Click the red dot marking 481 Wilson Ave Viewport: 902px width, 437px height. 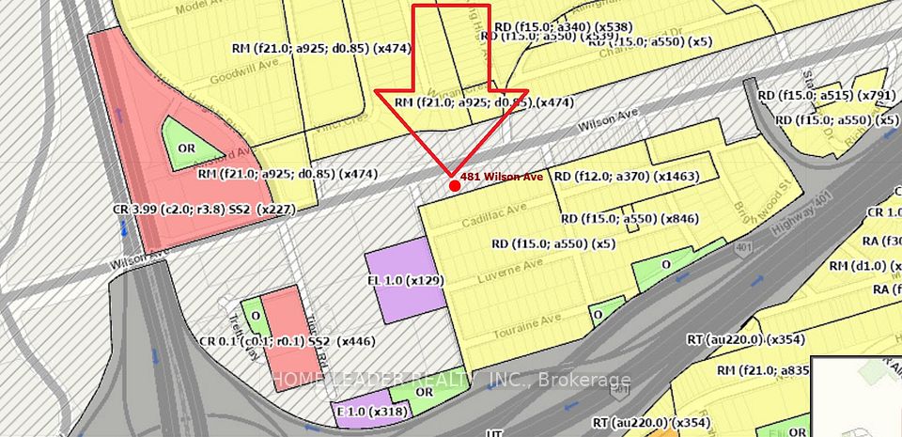(x=455, y=186)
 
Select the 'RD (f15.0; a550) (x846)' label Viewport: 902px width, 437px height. (x=629, y=219)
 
